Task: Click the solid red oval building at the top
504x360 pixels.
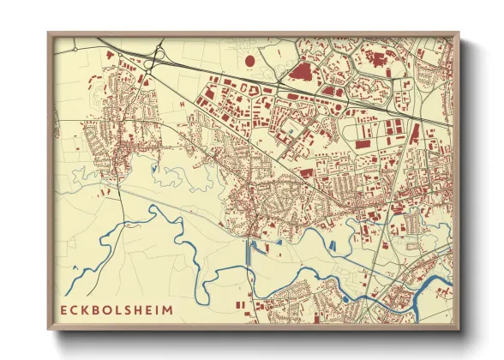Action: tap(250, 61)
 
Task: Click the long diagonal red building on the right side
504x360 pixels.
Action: tap(415, 136)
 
